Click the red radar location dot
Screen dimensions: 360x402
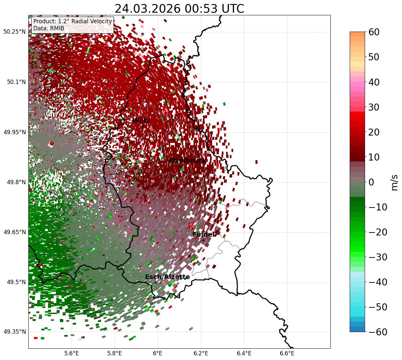pos(51,144)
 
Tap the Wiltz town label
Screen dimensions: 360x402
pos(141,120)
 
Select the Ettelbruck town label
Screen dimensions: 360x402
pos(187,160)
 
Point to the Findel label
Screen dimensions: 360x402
pos(203,235)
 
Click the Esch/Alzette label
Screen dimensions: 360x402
pos(168,277)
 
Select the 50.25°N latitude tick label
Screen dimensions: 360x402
pos(14,32)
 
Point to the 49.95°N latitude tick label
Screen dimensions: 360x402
pos(14,132)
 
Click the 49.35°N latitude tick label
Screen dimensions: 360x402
pos(14,332)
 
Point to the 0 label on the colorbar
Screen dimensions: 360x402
pos(371,182)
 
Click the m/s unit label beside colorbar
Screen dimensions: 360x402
pos(395,182)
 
